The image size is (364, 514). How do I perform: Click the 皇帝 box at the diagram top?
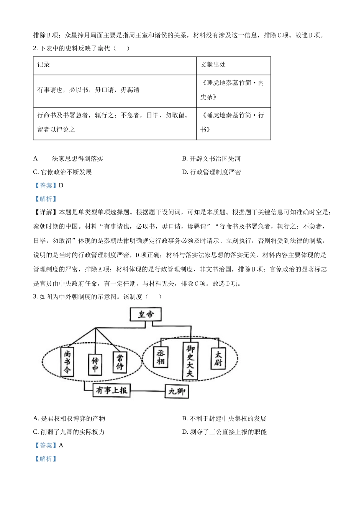click(146, 315)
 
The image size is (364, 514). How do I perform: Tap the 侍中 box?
click(95, 364)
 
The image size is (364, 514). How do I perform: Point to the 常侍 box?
click(120, 362)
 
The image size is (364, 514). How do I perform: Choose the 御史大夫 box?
click(190, 361)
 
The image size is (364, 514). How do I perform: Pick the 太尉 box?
click(218, 358)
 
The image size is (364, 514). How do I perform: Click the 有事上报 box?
click(111, 390)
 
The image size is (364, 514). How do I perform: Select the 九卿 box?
click(177, 391)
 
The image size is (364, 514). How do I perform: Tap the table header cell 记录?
click(44, 65)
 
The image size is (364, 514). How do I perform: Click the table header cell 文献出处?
click(213, 65)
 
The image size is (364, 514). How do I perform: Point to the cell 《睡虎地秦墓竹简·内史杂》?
click(232, 90)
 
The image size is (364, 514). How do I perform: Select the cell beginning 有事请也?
click(88, 90)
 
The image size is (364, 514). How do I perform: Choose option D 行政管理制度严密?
click(212, 172)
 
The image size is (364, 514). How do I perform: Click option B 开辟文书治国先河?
click(212, 159)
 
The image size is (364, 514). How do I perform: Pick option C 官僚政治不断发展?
click(63, 172)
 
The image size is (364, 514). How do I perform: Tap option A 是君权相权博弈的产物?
click(69, 418)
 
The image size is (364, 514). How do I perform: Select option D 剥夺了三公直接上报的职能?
click(225, 432)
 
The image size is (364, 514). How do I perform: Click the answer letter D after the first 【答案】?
click(61, 185)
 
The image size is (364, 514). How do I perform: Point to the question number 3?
click(35, 296)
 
